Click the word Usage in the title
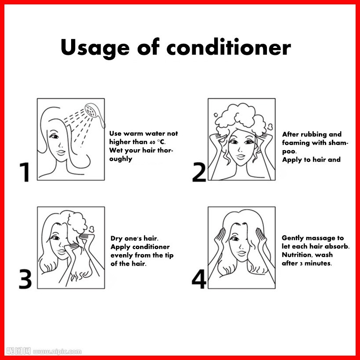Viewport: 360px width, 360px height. click(95, 48)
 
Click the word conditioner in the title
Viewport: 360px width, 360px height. click(229, 47)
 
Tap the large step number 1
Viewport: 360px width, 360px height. click(25, 172)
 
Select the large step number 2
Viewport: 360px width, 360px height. click(199, 172)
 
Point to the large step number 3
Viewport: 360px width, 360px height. click(25, 279)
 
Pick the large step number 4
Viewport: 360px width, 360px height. click(199, 279)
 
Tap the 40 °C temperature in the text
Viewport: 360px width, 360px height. click(157, 142)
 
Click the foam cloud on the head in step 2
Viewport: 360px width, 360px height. click(241, 118)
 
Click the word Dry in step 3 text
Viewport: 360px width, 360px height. click(116, 238)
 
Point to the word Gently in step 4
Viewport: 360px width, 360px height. click(292, 238)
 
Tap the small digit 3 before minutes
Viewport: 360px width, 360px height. click(301, 264)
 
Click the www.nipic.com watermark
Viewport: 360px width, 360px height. click(58, 352)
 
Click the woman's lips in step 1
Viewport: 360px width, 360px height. click(61, 152)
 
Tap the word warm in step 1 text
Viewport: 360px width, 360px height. click(133, 133)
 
